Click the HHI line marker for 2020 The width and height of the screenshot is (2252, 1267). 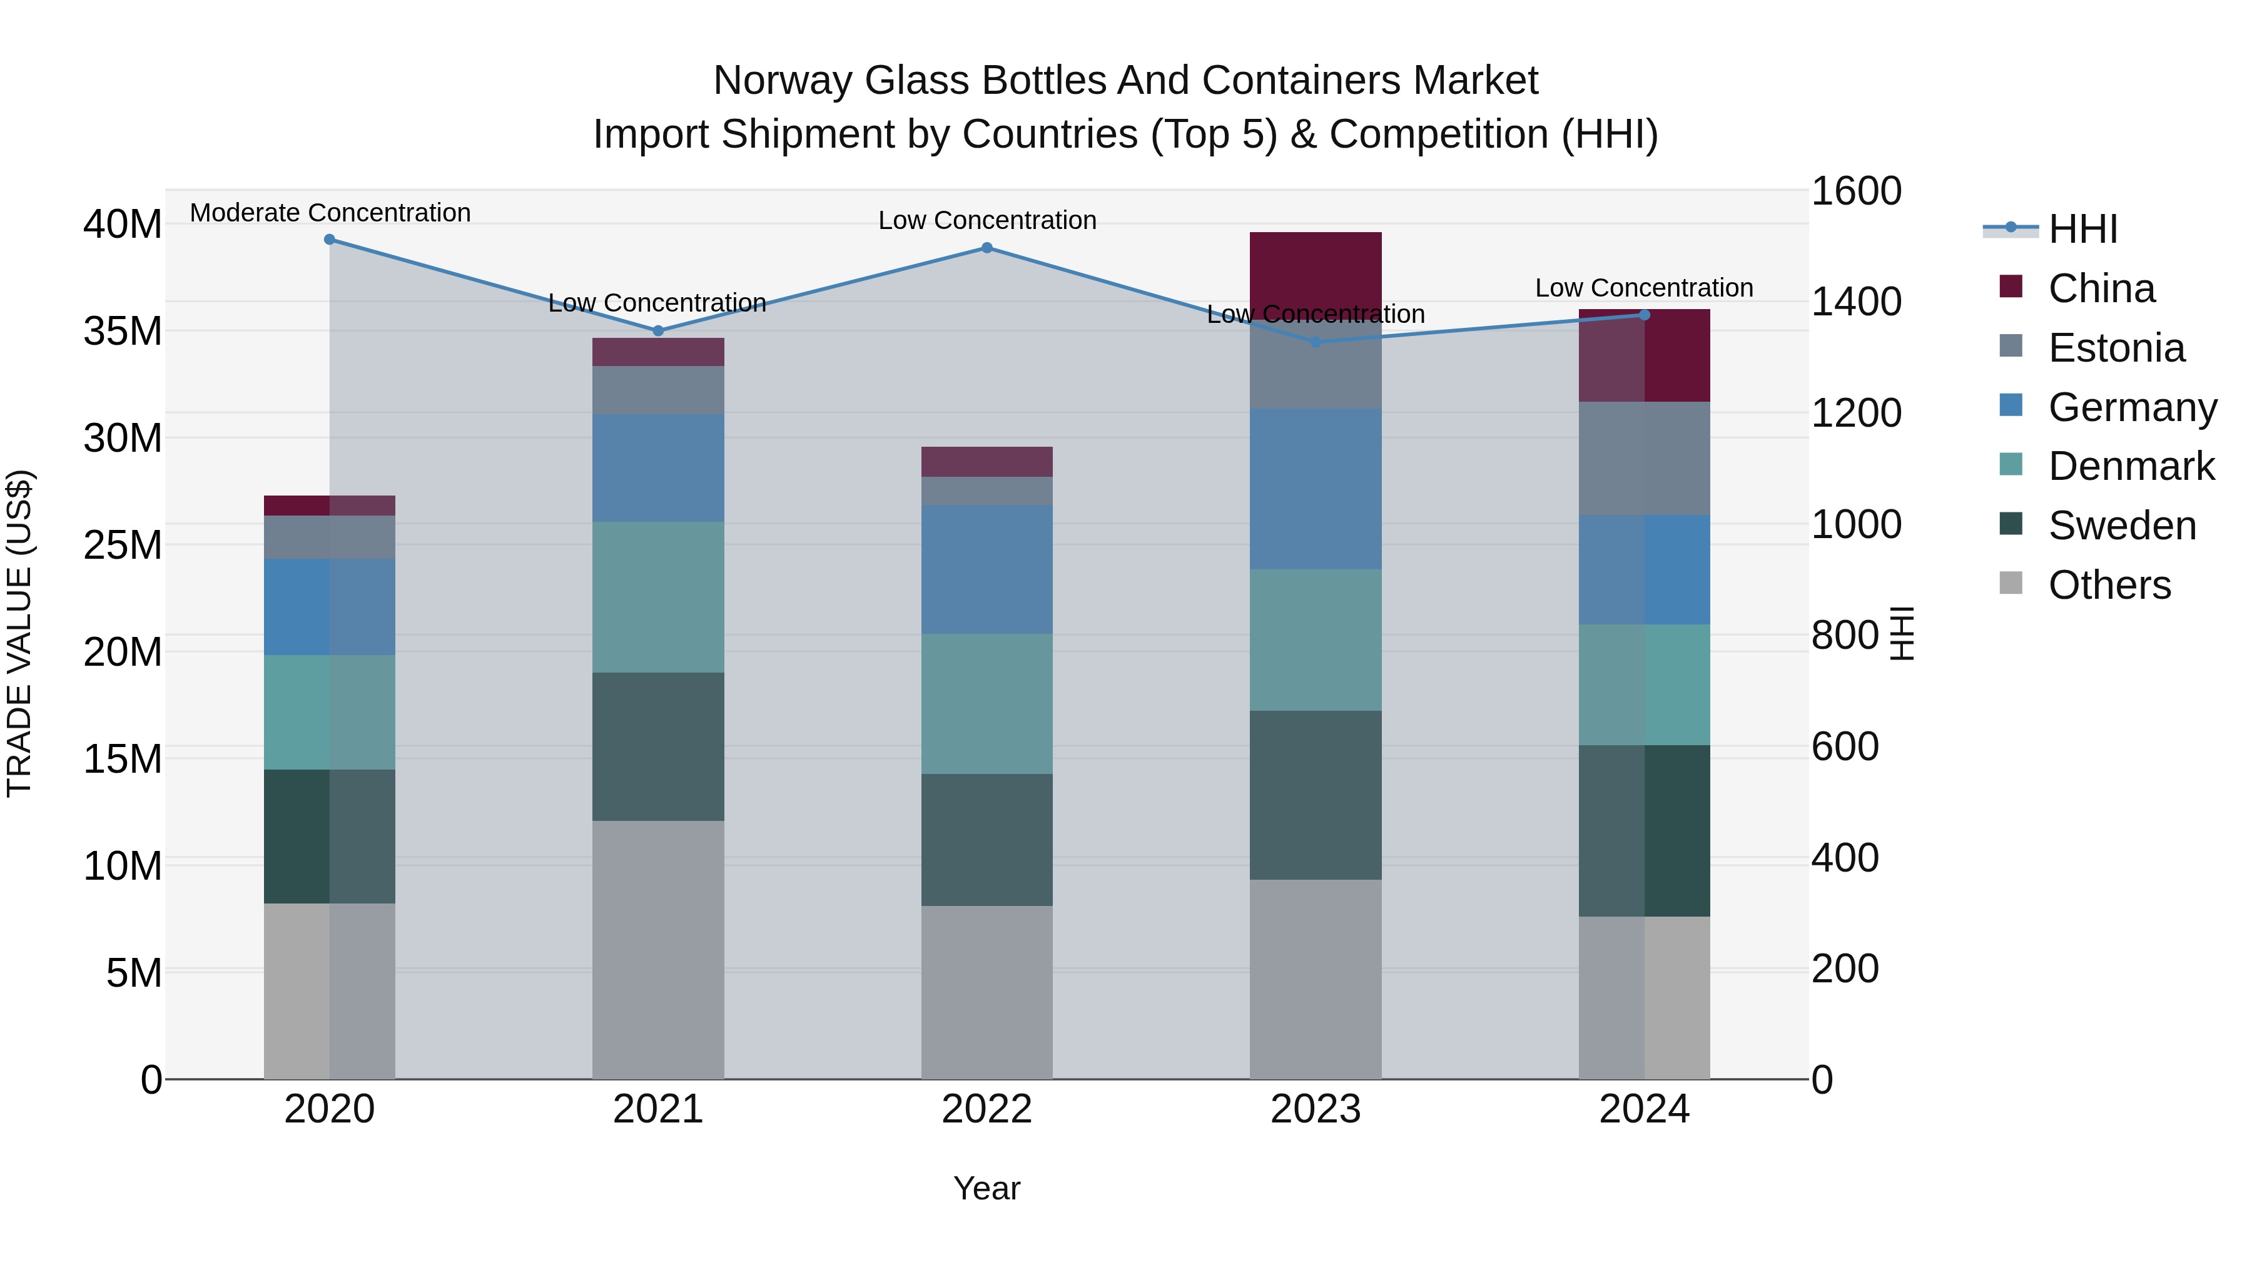point(330,240)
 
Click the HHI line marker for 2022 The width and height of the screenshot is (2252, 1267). point(987,248)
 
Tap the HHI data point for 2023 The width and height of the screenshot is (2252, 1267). point(1316,342)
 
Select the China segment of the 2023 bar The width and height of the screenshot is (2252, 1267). point(1316,267)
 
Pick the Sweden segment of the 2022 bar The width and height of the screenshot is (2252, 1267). point(987,840)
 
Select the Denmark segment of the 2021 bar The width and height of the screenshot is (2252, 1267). point(658,598)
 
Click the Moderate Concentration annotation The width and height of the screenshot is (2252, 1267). point(330,213)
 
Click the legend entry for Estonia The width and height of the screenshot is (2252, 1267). point(2116,348)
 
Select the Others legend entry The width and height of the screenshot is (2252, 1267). point(2109,585)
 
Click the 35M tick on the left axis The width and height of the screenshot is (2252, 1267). point(123,332)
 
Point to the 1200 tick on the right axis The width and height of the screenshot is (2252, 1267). point(1855,413)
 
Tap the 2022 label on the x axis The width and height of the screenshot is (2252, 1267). point(987,1109)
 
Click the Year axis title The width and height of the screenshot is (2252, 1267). point(987,1188)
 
